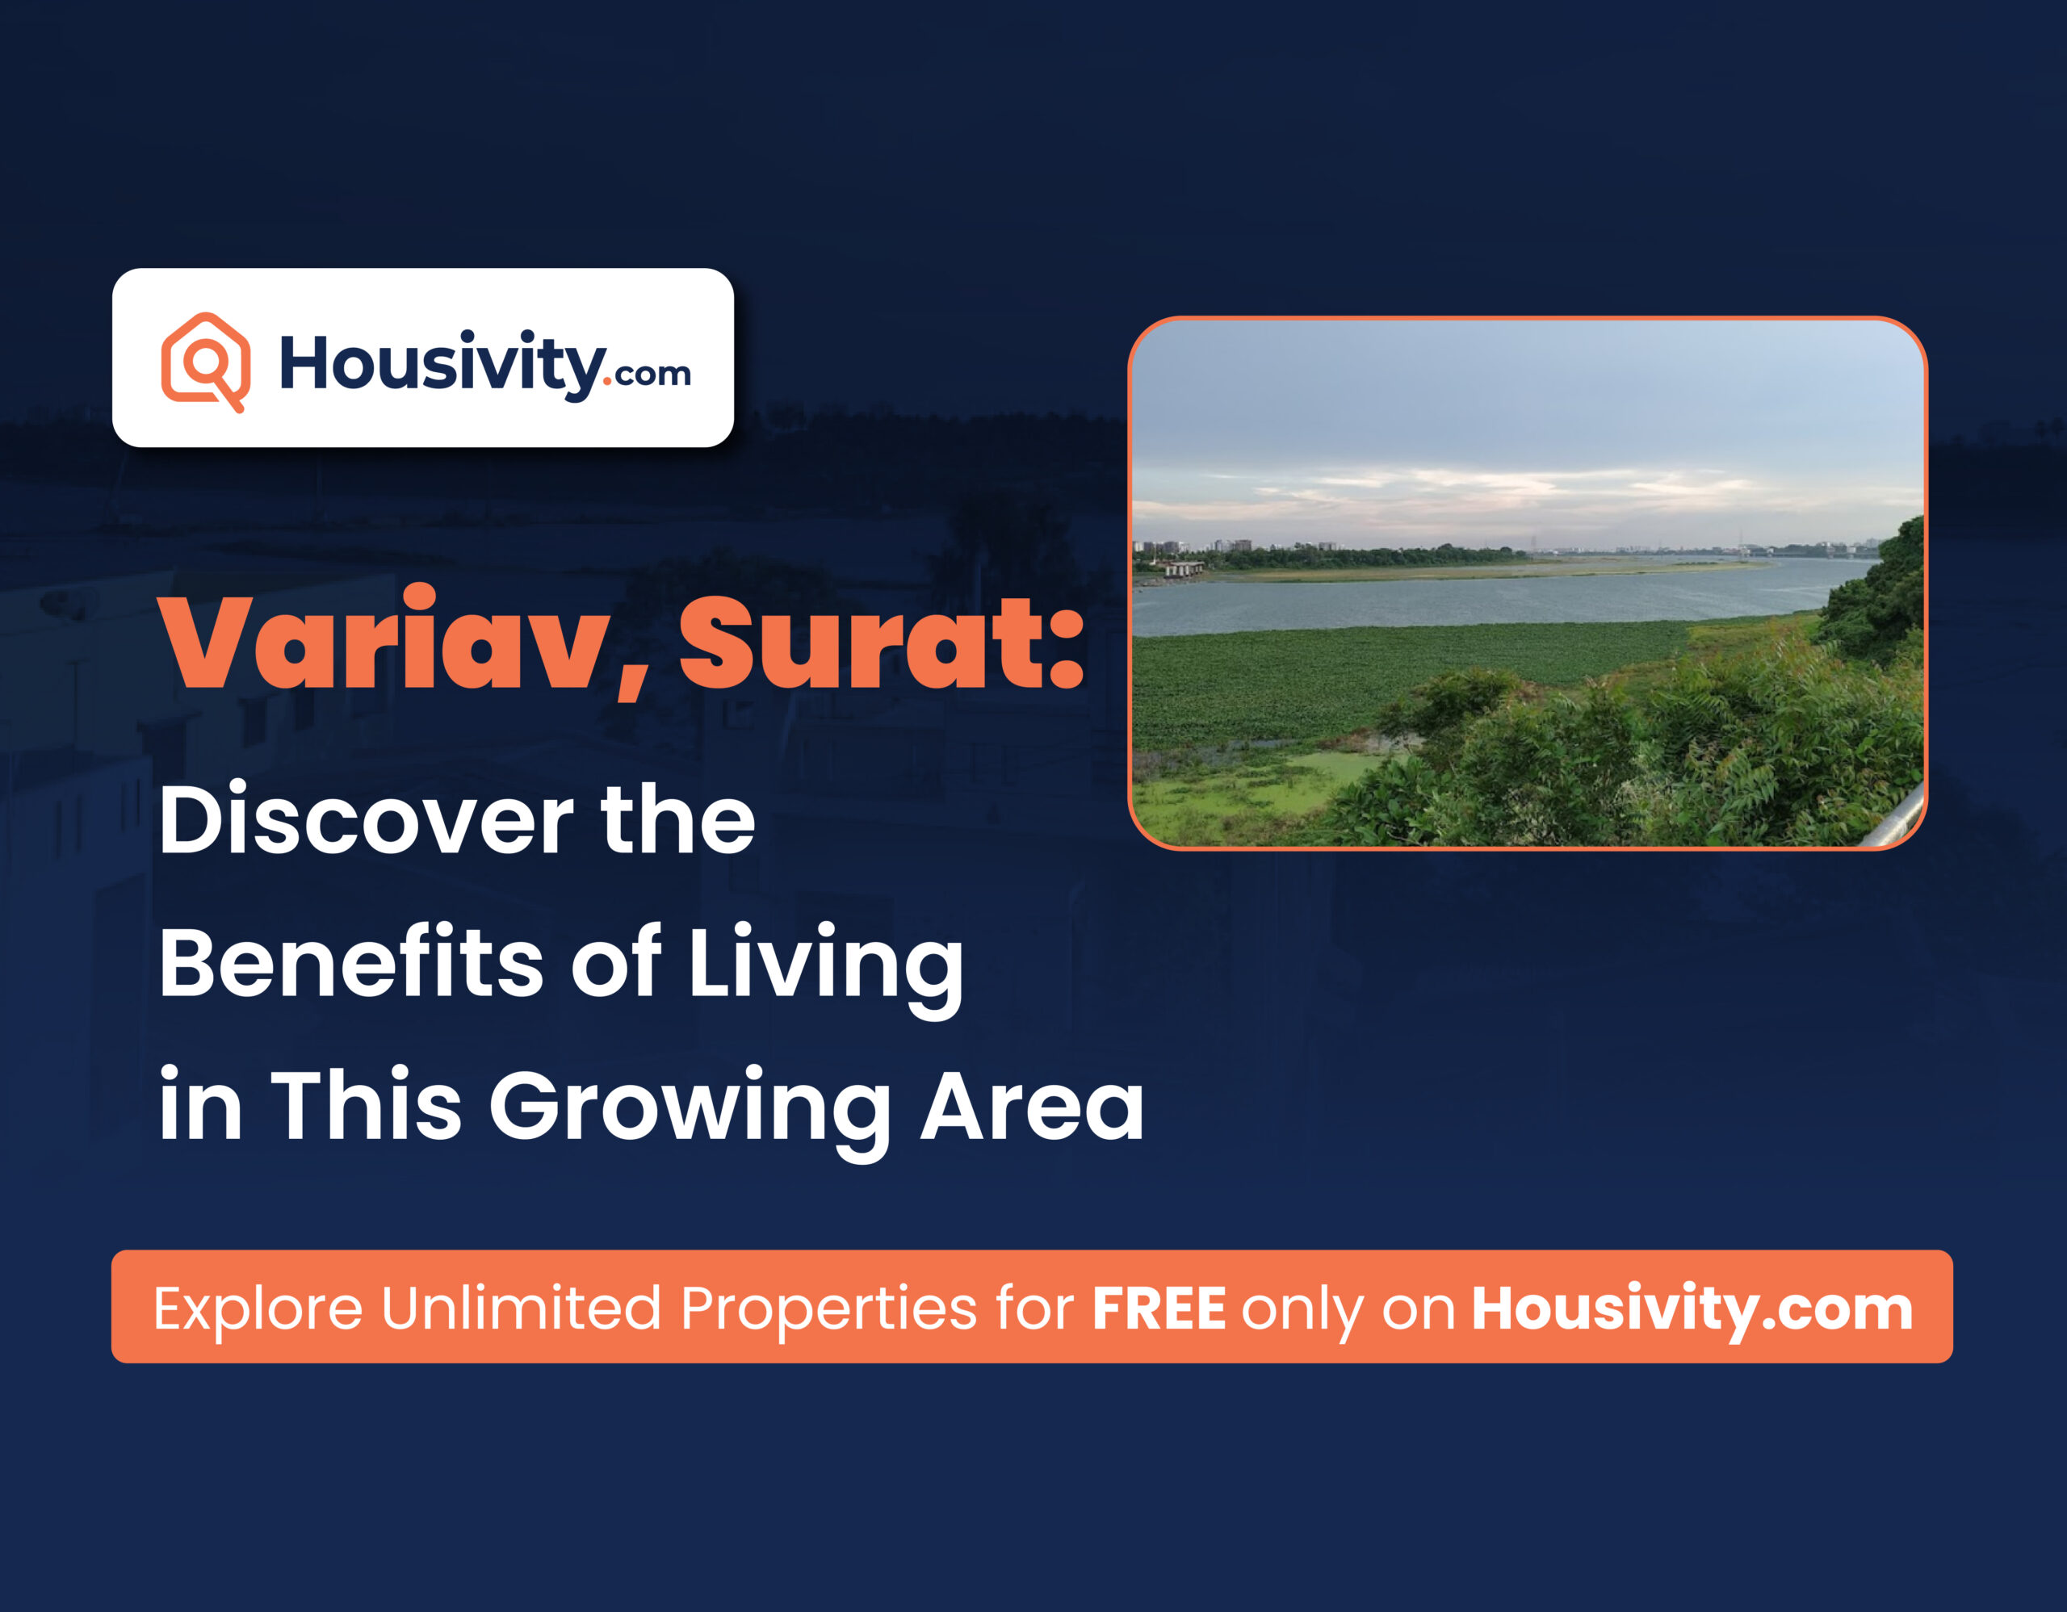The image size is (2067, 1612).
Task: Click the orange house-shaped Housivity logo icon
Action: click(x=205, y=362)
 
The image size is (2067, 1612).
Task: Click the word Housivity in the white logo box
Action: click(x=440, y=364)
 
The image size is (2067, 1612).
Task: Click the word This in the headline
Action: click(x=367, y=1105)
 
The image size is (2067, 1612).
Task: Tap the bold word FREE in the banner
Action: click(x=1159, y=1308)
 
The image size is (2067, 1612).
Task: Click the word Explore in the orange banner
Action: click(x=258, y=1310)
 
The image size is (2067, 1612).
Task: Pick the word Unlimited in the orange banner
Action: click(x=521, y=1308)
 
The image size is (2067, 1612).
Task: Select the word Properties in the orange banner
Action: click(x=828, y=1310)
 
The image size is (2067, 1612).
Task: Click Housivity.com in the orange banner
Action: click(x=1692, y=1310)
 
